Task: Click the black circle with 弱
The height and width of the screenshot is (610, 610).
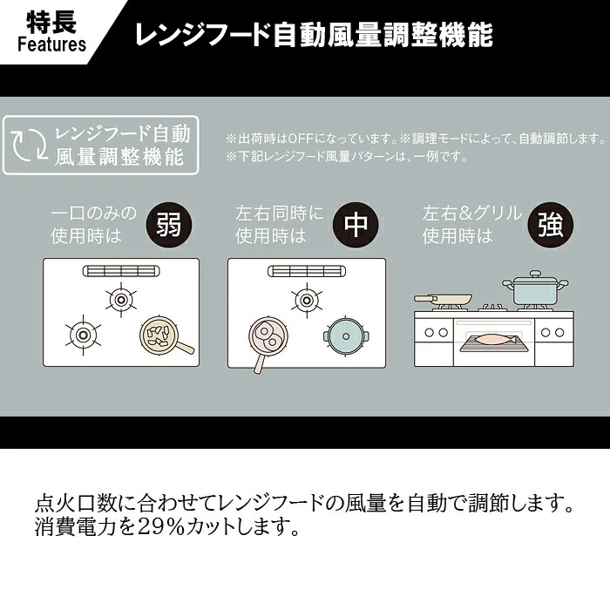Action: coord(169,225)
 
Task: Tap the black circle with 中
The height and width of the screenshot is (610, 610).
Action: coord(356,225)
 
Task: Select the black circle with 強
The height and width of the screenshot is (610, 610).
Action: coord(551,225)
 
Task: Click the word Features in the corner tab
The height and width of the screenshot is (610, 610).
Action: coord(51,44)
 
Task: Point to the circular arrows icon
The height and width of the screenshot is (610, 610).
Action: coord(29,145)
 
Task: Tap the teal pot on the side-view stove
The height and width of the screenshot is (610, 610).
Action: coord(535,288)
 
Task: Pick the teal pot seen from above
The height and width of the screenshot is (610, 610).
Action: coord(346,336)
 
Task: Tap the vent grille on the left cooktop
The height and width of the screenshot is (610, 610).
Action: coord(121,271)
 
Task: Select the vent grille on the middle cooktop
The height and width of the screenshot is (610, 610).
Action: coord(307,271)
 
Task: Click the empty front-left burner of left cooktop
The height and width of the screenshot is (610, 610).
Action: coord(83,335)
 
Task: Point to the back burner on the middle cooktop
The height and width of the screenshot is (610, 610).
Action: coord(307,301)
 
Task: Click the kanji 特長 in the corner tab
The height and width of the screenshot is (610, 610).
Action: coord(51,22)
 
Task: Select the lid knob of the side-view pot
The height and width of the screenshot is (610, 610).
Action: coord(535,274)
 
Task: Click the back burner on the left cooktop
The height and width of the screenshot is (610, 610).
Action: coord(121,300)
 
